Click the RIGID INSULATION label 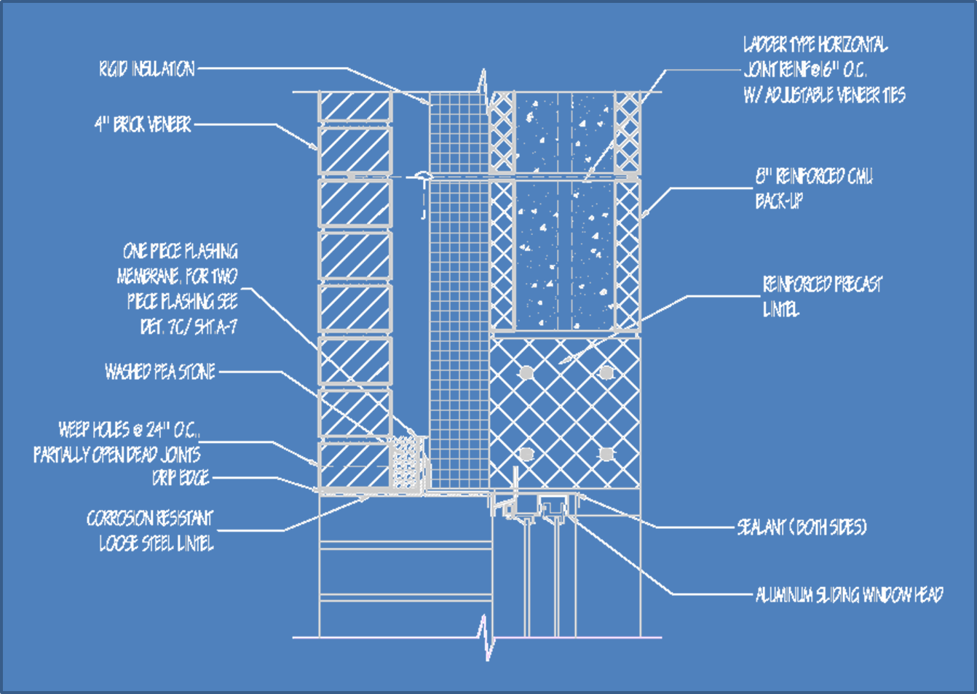coord(147,69)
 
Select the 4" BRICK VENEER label coord(143,124)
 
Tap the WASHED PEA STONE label coord(160,372)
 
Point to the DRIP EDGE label coord(181,478)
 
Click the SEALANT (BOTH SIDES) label coord(802,527)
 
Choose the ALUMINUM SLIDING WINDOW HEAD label coord(849,595)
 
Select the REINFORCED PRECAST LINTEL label coord(821,296)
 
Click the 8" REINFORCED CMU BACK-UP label coord(813,188)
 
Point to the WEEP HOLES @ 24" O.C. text coord(128,429)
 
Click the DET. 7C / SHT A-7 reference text coord(189,327)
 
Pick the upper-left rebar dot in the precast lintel coord(526,372)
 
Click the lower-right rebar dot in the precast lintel coord(606,454)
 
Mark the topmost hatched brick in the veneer coord(355,106)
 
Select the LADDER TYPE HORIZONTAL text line coord(815,45)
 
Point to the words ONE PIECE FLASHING coord(180,251)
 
